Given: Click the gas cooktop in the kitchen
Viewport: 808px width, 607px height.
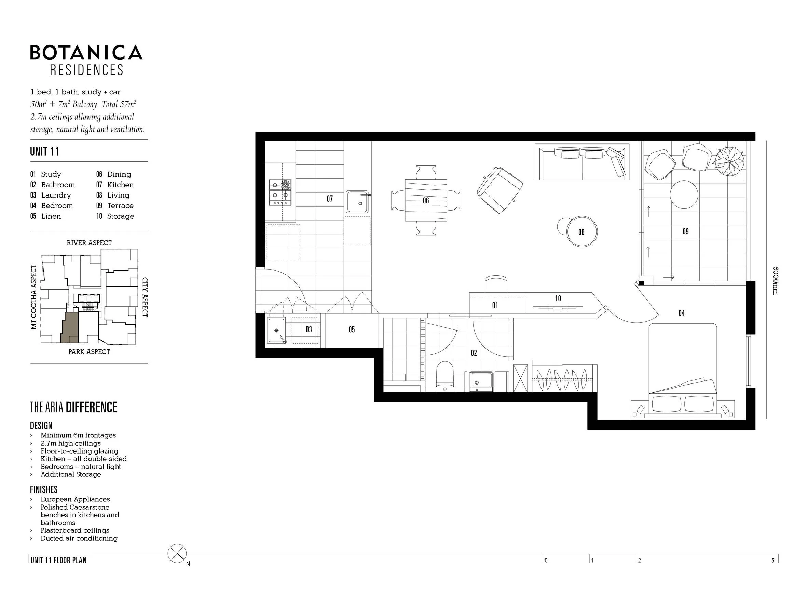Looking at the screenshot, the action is (x=280, y=192).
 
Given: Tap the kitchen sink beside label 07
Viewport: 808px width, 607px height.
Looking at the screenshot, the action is (x=358, y=201).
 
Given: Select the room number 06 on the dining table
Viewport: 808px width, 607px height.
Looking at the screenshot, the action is (x=426, y=200).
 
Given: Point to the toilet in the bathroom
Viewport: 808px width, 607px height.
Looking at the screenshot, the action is (x=445, y=377).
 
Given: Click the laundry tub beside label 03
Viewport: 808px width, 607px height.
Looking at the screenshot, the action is (x=276, y=331).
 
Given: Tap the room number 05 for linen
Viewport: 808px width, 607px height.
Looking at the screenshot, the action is (x=352, y=329).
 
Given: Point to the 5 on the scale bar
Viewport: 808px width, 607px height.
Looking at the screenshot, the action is (x=772, y=561).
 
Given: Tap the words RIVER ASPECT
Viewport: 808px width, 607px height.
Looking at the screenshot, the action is (x=89, y=243).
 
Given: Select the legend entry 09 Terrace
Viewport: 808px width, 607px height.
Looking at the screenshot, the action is (x=115, y=206).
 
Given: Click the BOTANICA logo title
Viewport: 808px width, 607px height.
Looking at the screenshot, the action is (x=86, y=52).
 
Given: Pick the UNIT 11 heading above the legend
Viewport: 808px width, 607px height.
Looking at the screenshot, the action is (x=44, y=151).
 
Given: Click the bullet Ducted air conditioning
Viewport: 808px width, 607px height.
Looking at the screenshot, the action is (x=79, y=538).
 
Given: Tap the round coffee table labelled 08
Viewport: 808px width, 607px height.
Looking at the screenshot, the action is (x=581, y=232).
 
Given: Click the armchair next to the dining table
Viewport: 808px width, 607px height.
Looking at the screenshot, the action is (x=499, y=190).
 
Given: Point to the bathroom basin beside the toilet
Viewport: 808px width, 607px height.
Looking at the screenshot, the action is (x=481, y=382).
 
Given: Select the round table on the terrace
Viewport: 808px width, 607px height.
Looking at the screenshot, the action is (x=684, y=194).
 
